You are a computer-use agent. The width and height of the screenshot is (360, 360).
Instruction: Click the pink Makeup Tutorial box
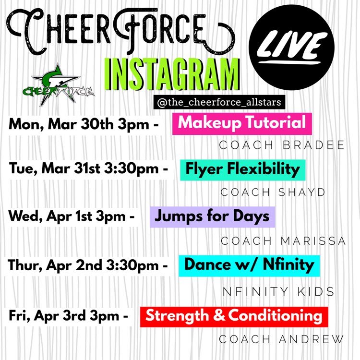[x=242, y=123]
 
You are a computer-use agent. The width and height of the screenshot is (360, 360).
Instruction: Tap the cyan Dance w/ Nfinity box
[x=249, y=264]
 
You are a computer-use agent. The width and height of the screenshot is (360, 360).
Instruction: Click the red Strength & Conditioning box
[x=234, y=316]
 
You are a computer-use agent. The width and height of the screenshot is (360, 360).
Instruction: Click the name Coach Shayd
[x=273, y=192]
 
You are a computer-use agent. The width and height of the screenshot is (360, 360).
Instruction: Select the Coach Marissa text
[x=283, y=241]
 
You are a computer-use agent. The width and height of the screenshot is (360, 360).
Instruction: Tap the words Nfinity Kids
[x=278, y=291]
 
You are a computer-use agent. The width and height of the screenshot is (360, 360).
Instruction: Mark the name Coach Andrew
[x=281, y=339]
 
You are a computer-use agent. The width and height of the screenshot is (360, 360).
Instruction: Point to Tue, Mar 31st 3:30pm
[x=87, y=170]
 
